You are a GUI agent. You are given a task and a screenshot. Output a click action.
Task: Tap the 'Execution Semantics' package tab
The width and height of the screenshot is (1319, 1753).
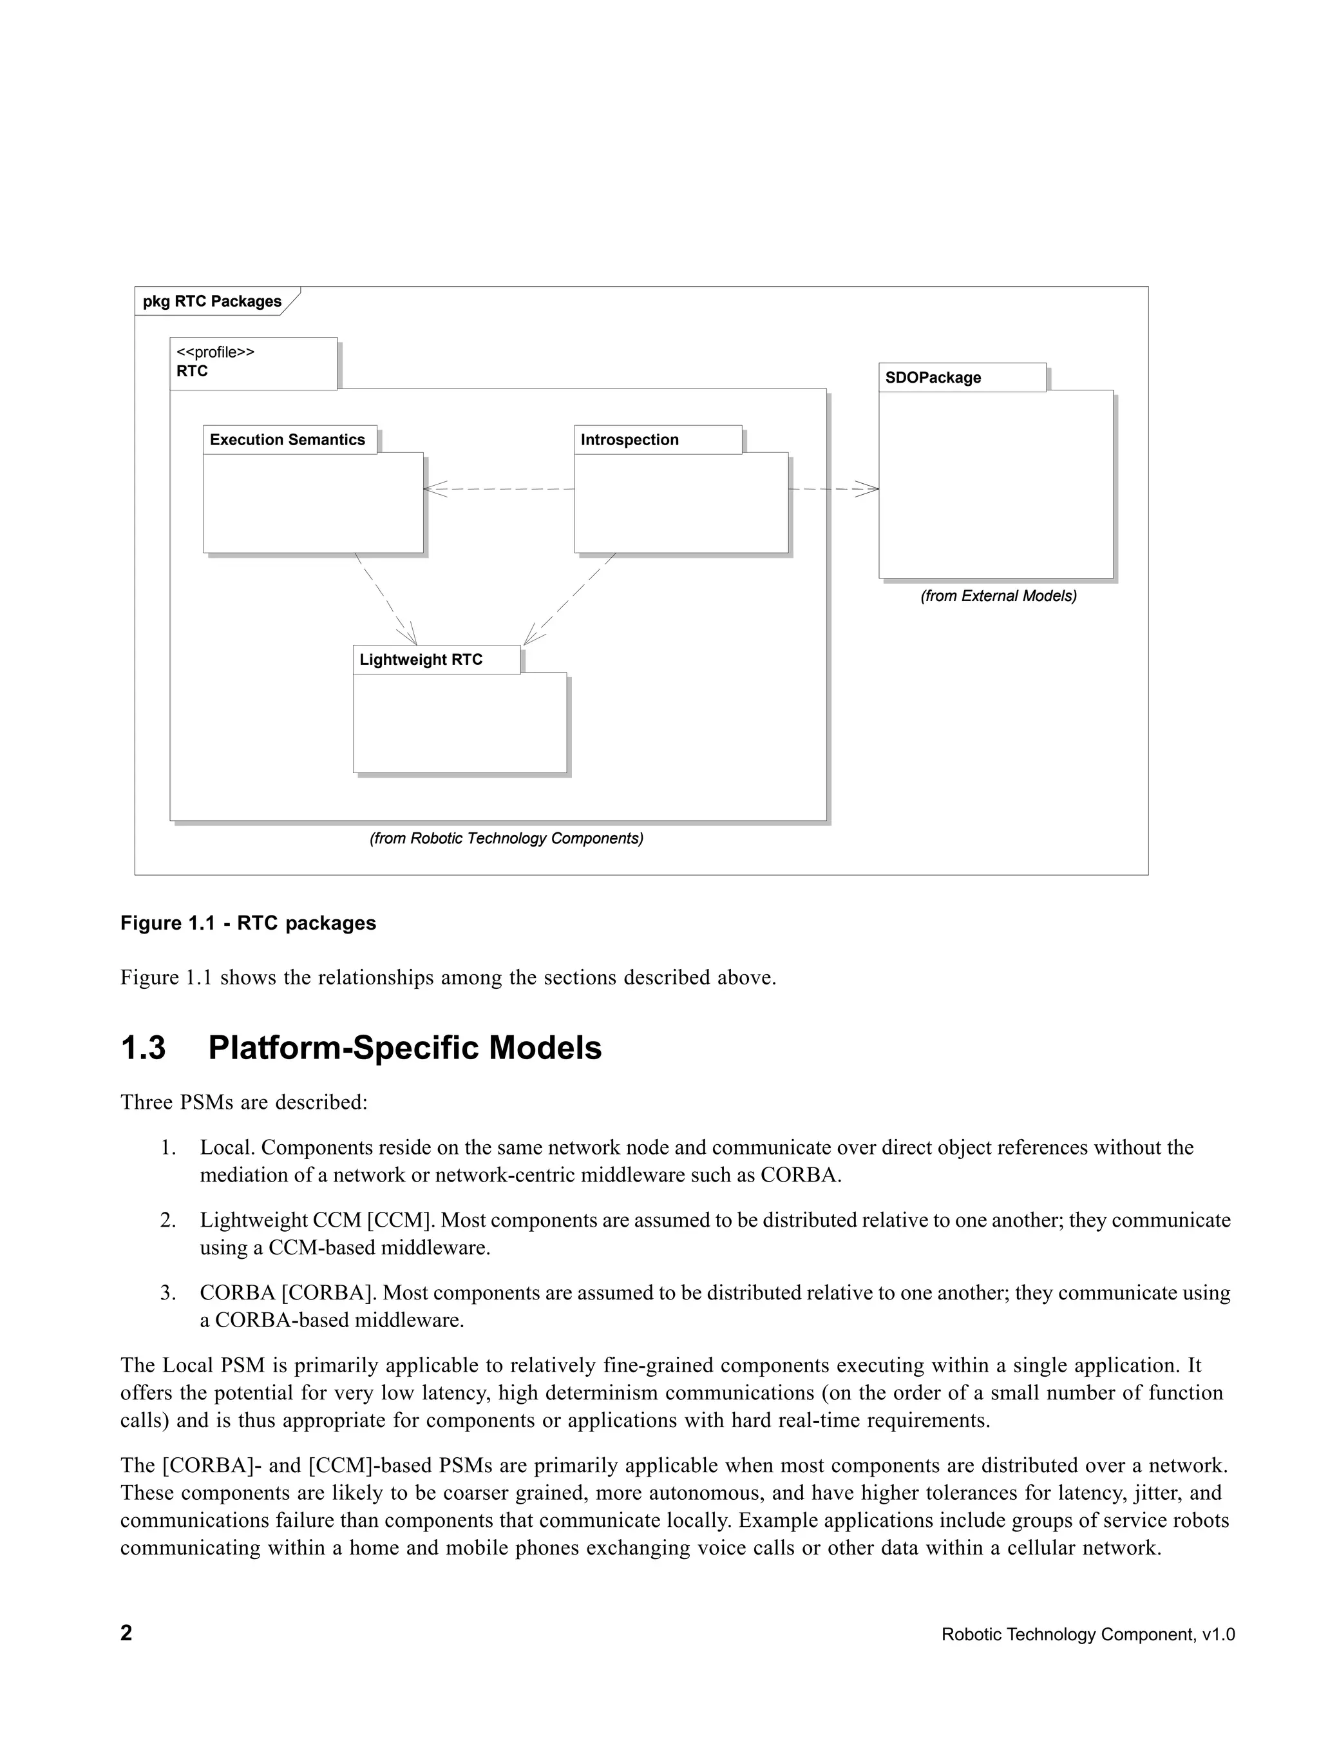tap(289, 441)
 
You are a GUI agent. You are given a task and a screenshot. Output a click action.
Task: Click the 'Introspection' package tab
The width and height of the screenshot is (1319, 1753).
tap(630, 441)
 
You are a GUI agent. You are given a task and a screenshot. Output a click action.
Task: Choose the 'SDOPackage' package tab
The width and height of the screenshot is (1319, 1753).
tap(933, 378)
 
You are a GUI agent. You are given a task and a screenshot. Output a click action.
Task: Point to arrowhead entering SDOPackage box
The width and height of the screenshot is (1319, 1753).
tap(869, 490)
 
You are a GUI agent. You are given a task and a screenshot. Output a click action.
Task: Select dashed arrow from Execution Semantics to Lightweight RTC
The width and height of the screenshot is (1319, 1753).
tap(385, 599)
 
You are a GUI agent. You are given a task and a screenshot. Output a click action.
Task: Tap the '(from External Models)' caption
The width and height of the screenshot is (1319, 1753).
tap(998, 596)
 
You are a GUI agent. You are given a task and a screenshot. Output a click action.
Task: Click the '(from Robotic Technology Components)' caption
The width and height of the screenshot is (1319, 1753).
tap(506, 838)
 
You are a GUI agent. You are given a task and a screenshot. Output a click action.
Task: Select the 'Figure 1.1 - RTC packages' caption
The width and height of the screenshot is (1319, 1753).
tap(248, 923)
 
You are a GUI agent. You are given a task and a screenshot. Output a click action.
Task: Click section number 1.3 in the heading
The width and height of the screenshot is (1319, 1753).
tap(144, 1048)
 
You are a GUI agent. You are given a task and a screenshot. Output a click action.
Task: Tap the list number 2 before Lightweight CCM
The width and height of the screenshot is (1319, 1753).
tap(167, 1220)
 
